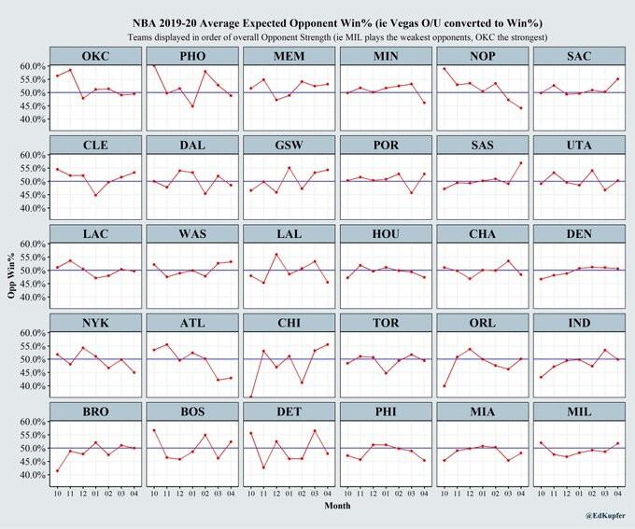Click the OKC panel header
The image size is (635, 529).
[x=94, y=56]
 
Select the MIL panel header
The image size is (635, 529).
[x=576, y=411]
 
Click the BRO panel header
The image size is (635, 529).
[x=94, y=411]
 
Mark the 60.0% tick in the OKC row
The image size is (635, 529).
[x=33, y=67]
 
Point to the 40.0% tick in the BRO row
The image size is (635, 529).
[x=33, y=475]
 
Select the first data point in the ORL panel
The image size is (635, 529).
[x=444, y=385]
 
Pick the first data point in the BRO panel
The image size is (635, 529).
[x=58, y=470]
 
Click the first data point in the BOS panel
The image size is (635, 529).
[x=154, y=430]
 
